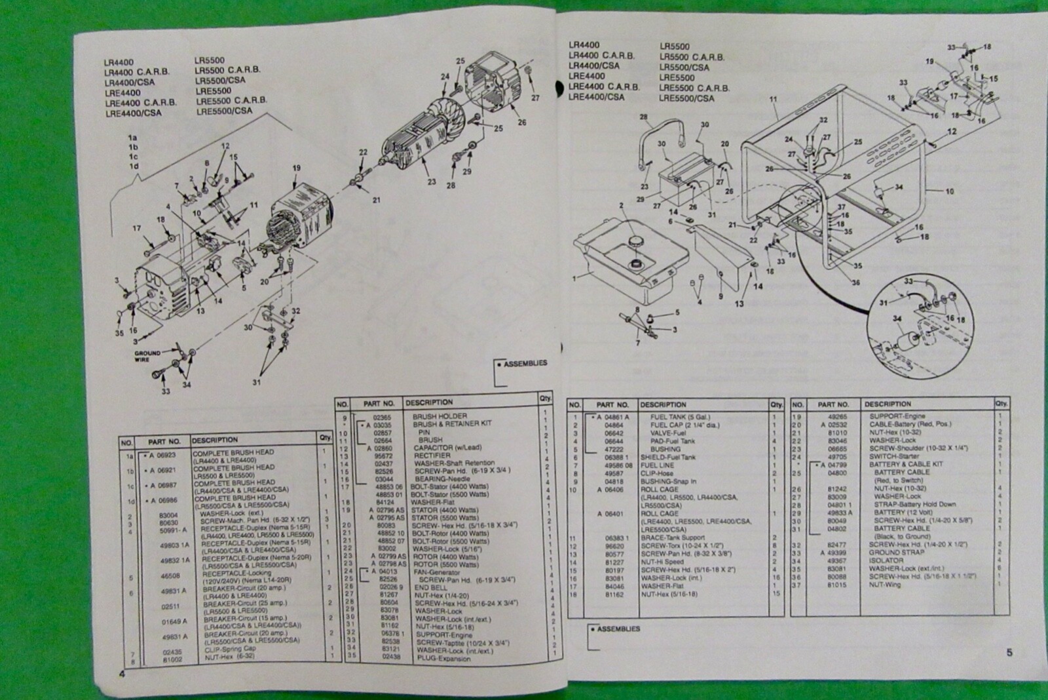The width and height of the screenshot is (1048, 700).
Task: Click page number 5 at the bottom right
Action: coord(1009,652)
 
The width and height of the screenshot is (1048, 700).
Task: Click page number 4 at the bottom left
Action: coord(121,675)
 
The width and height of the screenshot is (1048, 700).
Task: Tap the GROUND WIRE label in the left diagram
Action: coord(147,357)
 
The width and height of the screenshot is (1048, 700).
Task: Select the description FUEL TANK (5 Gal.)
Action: coord(680,417)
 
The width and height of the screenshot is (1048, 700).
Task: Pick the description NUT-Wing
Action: coord(884,585)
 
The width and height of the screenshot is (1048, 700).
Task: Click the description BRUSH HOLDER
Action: coord(440,416)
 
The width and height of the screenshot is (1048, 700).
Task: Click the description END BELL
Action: coord(429,588)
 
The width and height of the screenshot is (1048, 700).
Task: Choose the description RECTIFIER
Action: coord(432,456)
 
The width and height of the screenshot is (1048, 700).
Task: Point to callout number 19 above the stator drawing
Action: coord(296,168)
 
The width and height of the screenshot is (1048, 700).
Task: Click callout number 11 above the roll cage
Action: coord(774,100)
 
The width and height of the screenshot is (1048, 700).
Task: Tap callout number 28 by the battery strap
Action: coord(644,117)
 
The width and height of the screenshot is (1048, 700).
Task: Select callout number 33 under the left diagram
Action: coord(166,391)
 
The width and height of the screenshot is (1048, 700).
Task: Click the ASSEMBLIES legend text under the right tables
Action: coord(618,629)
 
